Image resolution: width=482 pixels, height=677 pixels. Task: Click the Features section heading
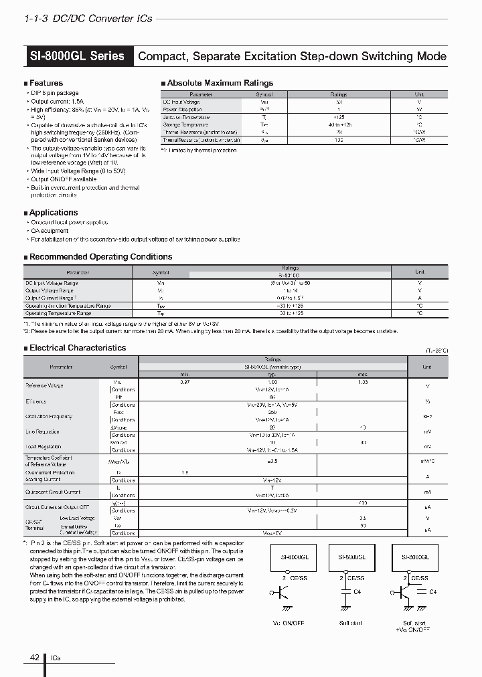pyautogui.click(x=46, y=83)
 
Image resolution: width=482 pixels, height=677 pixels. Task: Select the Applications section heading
pyautogui.click(x=53, y=213)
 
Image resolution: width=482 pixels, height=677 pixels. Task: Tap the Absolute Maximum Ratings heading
pyautogui.click(x=220, y=83)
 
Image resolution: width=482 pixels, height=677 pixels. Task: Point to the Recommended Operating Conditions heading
pyautogui.click(x=100, y=257)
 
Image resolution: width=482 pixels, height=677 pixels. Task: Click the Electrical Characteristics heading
pyautogui.click(x=78, y=348)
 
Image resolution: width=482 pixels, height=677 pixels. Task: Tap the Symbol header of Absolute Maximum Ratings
pyautogui.click(x=264, y=95)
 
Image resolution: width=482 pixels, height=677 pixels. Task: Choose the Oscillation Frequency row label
pyautogui.click(x=48, y=416)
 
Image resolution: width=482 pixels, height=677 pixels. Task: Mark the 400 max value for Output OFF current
pyautogui.click(x=362, y=502)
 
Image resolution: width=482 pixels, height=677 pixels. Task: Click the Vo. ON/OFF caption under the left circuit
pyautogui.click(x=289, y=623)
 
